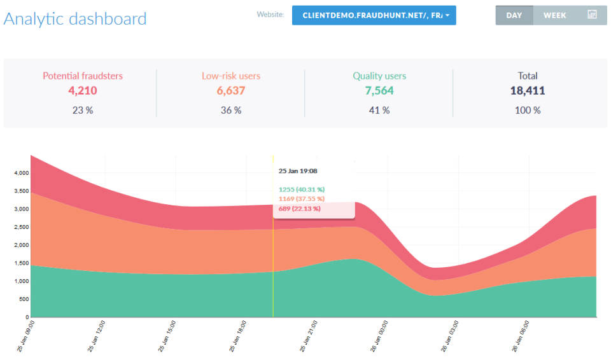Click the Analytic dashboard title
point(75,18)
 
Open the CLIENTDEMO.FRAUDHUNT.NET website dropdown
point(374,15)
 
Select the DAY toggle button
point(514,15)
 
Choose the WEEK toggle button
point(554,15)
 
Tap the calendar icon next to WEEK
point(592,15)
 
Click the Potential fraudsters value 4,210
point(83,91)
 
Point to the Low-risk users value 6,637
point(231,91)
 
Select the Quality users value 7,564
point(379,91)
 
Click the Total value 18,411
point(528,91)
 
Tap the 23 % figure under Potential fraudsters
point(83,110)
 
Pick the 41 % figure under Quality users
point(379,110)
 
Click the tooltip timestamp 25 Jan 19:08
point(298,170)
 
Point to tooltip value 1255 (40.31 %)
point(302,189)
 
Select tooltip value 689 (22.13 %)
point(300,208)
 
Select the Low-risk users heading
point(231,76)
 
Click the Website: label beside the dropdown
point(270,14)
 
